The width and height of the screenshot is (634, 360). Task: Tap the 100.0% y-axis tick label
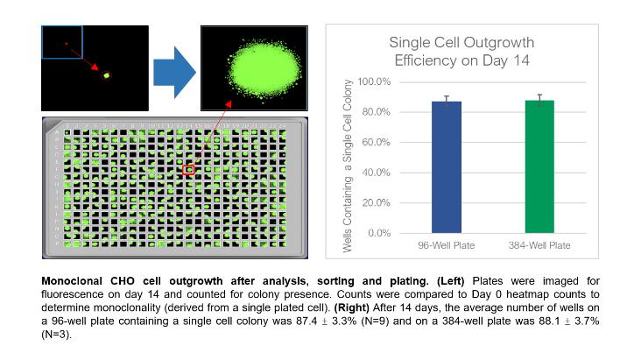pos(373,81)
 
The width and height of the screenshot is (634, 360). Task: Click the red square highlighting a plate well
pos(188,170)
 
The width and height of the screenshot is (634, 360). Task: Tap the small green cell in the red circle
pos(107,76)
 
